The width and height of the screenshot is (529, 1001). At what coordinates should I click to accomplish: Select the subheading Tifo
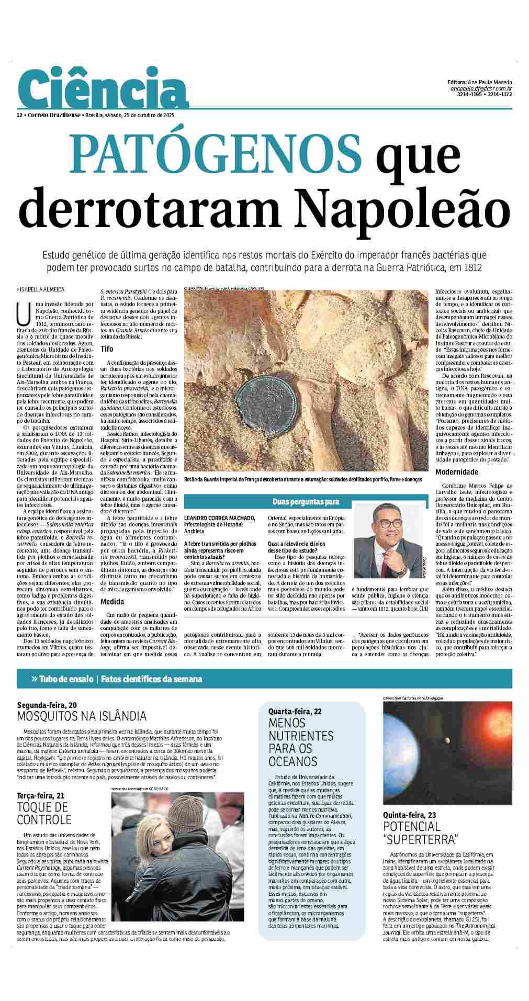[x=107, y=348]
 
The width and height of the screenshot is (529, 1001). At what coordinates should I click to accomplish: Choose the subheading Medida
[x=112, y=601]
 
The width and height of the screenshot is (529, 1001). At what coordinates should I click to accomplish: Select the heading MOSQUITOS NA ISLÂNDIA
[x=82, y=716]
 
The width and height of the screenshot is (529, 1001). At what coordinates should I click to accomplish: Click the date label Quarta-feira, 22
[x=295, y=711]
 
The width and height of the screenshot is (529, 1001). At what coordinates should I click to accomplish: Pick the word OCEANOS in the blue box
[x=293, y=761]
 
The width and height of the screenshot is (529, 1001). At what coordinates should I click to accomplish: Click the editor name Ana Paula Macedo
[x=491, y=82]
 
